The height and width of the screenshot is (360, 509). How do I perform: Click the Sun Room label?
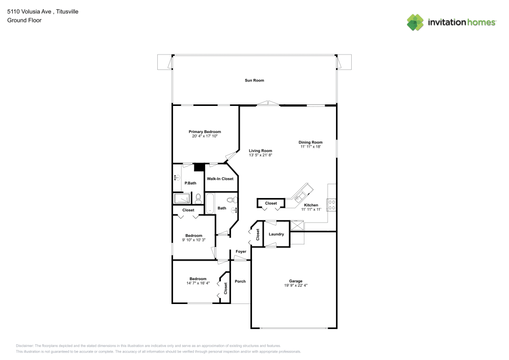tap(254, 80)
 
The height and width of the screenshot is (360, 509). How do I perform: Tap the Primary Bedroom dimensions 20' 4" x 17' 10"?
tap(205, 136)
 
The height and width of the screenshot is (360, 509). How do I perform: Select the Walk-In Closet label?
tap(220, 179)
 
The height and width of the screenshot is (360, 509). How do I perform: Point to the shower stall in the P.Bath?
tap(182, 198)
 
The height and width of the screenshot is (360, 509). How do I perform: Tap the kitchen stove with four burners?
tap(331, 205)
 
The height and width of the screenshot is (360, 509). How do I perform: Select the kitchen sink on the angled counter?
tap(299, 194)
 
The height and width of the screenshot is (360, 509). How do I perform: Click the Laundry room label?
tap(276, 234)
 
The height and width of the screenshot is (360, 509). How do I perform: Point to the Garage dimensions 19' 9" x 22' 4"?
tap(296, 286)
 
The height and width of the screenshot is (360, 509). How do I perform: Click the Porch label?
tap(240, 281)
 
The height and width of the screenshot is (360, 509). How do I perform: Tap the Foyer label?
tap(241, 252)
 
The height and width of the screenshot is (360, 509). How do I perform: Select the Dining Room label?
tap(310, 142)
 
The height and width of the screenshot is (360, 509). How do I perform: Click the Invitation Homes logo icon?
tap(415, 22)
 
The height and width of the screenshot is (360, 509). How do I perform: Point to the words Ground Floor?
tap(24, 20)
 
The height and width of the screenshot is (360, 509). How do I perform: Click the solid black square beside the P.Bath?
tap(199, 167)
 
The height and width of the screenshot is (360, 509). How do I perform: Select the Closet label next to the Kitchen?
tap(271, 203)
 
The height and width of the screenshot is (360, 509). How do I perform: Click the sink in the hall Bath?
tap(234, 209)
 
